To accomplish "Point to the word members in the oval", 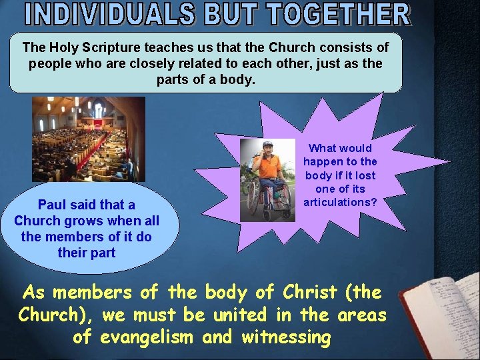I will (77, 237).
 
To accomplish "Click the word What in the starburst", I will (322, 148).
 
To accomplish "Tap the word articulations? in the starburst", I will (340, 202).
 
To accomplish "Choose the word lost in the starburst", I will (361, 175).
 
